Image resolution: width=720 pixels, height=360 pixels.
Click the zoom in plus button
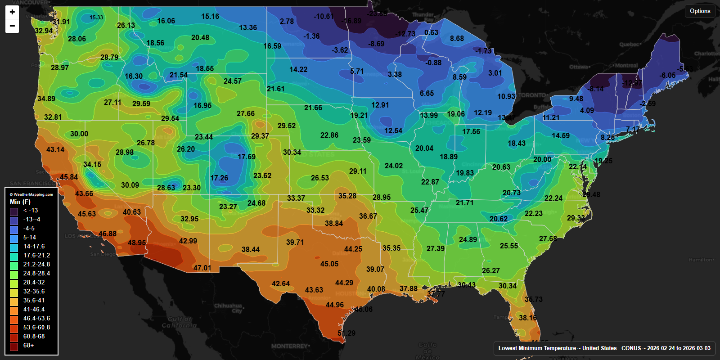pos(12,12)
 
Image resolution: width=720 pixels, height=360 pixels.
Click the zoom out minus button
pos(12,26)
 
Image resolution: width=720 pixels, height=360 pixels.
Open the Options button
pos(700,11)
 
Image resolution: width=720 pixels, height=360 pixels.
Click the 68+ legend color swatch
pos(14,346)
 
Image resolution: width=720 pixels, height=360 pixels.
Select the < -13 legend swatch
pos(14,211)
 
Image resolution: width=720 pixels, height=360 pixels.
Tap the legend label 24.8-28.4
pos(36,273)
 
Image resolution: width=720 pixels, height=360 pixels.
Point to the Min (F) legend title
pos(20,202)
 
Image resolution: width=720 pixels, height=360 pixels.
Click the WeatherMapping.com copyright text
pos(31,194)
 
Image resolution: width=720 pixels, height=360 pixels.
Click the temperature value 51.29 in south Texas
pos(346,333)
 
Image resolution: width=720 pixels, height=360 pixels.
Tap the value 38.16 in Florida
pos(528,318)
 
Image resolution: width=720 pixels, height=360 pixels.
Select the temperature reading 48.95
pos(137,243)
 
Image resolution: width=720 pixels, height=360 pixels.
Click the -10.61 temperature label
pos(324,16)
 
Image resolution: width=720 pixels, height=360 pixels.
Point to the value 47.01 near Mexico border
pos(202,268)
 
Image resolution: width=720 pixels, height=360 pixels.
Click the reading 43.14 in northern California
pos(55,149)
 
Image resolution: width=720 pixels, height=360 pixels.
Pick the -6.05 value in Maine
pos(667,75)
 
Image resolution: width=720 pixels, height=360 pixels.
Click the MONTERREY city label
pos(290,346)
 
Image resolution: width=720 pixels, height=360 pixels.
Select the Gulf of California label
pos(179,322)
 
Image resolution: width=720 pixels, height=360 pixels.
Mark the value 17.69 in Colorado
pos(247,157)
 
